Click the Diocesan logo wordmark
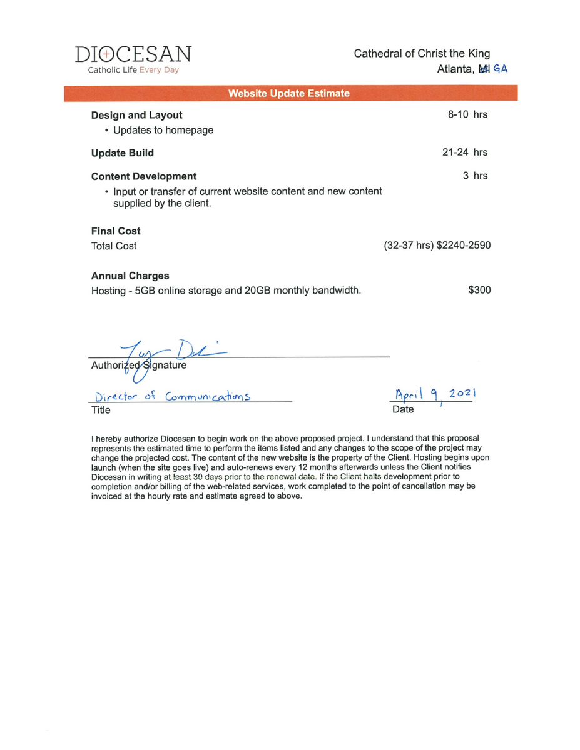tap(133, 54)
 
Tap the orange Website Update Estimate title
tap(289, 93)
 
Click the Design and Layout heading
tap(137, 115)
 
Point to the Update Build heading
tap(123, 152)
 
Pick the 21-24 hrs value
tap(465, 152)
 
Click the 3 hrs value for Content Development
tap(475, 176)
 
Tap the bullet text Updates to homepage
tap(163, 130)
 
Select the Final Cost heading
tap(116, 231)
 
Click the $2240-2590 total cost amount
tap(464, 246)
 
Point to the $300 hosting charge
tap(479, 290)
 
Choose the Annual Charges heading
tap(130, 276)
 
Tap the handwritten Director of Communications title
tap(172, 396)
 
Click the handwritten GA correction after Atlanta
tap(500, 69)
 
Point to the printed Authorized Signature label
tap(139, 366)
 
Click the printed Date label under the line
tap(403, 409)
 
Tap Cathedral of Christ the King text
tap(422, 53)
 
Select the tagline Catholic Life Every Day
tap(133, 70)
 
